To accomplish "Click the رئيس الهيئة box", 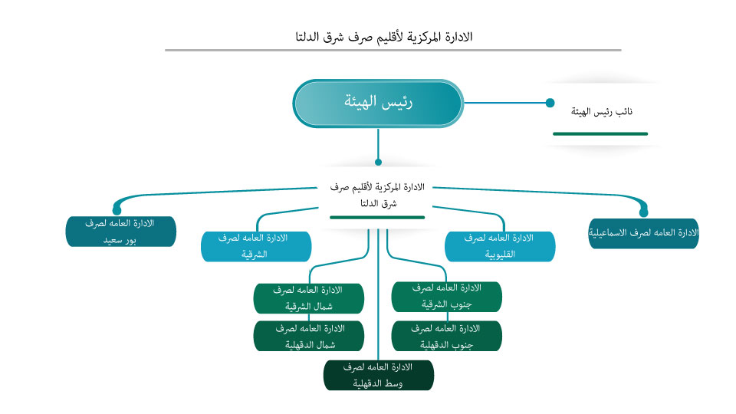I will click(x=378, y=103).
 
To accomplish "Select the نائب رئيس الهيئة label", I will click(x=602, y=112).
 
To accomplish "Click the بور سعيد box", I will click(x=121, y=232).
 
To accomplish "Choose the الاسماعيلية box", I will click(x=643, y=233).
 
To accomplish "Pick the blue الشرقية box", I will click(x=256, y=246).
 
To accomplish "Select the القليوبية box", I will click(x=500, y=246).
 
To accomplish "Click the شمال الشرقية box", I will click(x=308, y=297).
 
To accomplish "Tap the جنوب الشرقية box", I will click(x=446, y=296).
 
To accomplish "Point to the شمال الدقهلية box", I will click(x=308, y=337).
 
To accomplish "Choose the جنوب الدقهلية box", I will click(x=446, y=337).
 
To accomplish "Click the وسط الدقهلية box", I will click(x=379, y=376).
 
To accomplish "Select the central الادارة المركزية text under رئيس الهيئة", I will click(x=377, y=195).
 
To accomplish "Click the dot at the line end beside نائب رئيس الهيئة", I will click(x=550, y=103).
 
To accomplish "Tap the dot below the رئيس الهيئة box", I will click(x=378, y=162).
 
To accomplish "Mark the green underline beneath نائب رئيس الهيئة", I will click(x=600, y=133).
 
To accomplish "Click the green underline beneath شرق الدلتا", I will click(x=377, y=218).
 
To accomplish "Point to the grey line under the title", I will click(x=393, y=51).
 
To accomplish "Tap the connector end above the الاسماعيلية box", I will click(x=643, y=211).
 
